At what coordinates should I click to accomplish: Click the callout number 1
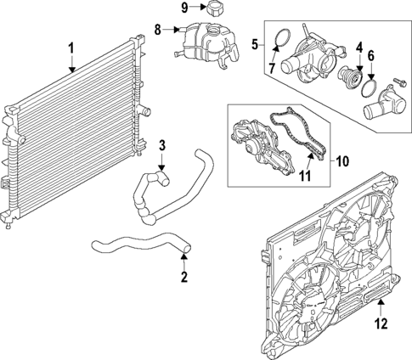pyautogui.click(x=72, y=48)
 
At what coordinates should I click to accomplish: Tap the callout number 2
pyautogui.click(x=184, y=278)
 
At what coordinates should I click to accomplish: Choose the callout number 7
pyautogui.click(x=274, y=66)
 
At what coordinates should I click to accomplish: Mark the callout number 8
pyautogui.click(x=158, y=30)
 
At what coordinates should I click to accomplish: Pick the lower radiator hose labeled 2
pyautogui.click(x=136, y=247)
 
